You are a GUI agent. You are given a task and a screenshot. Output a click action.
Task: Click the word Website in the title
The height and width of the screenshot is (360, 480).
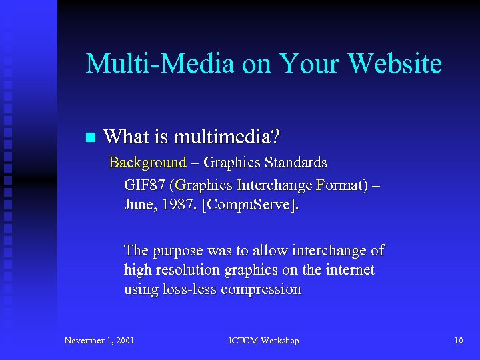click(395, 64)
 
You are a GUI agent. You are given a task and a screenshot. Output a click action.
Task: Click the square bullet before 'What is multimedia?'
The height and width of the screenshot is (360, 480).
click(91, 138)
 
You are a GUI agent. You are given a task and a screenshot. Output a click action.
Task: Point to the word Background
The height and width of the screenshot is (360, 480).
click(147, 162)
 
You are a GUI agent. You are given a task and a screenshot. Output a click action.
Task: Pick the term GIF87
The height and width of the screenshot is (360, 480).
click(145, 185)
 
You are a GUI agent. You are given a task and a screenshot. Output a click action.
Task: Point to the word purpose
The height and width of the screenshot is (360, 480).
click(176, 251)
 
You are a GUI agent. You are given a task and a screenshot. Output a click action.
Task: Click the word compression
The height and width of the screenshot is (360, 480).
click(261, 289)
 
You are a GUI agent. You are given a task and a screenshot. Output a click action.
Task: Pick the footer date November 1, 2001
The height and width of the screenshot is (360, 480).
click(99, 341)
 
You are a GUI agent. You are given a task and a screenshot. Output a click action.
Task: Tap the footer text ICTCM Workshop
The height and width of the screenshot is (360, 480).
click(263, 341)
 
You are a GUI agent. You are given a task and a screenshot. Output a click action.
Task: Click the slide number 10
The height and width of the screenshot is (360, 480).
click(458, 341)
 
